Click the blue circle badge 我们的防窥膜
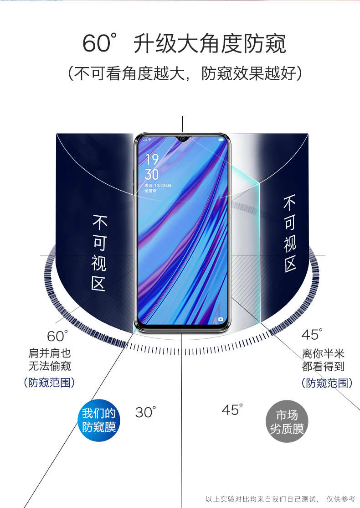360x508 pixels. pyautogui.click(x=99, y=420)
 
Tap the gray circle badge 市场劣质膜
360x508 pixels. pyautogui.click(x=287, y=422)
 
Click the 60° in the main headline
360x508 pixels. pyautogui.click(x=98, y=44)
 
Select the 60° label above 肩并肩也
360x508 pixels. pyautogui.click(x=57, y=336)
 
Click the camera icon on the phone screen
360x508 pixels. pyautogui.click(x=221, y=319)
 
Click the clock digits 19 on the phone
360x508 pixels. pyautogui.click(x=152, y=160)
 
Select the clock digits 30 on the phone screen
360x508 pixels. pyautogui.click(x=152, y=174)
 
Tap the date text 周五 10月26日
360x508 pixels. pyautogui.click(x=158, y=186)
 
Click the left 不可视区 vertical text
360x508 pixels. pyautogui.click(x=99, y=253)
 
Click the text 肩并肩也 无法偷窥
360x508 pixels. pyautogui.click(x=50, y=359)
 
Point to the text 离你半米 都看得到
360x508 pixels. pyautogui.click(x=323, y=360)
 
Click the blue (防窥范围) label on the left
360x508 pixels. pyautogui.click(x=49, y=382)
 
